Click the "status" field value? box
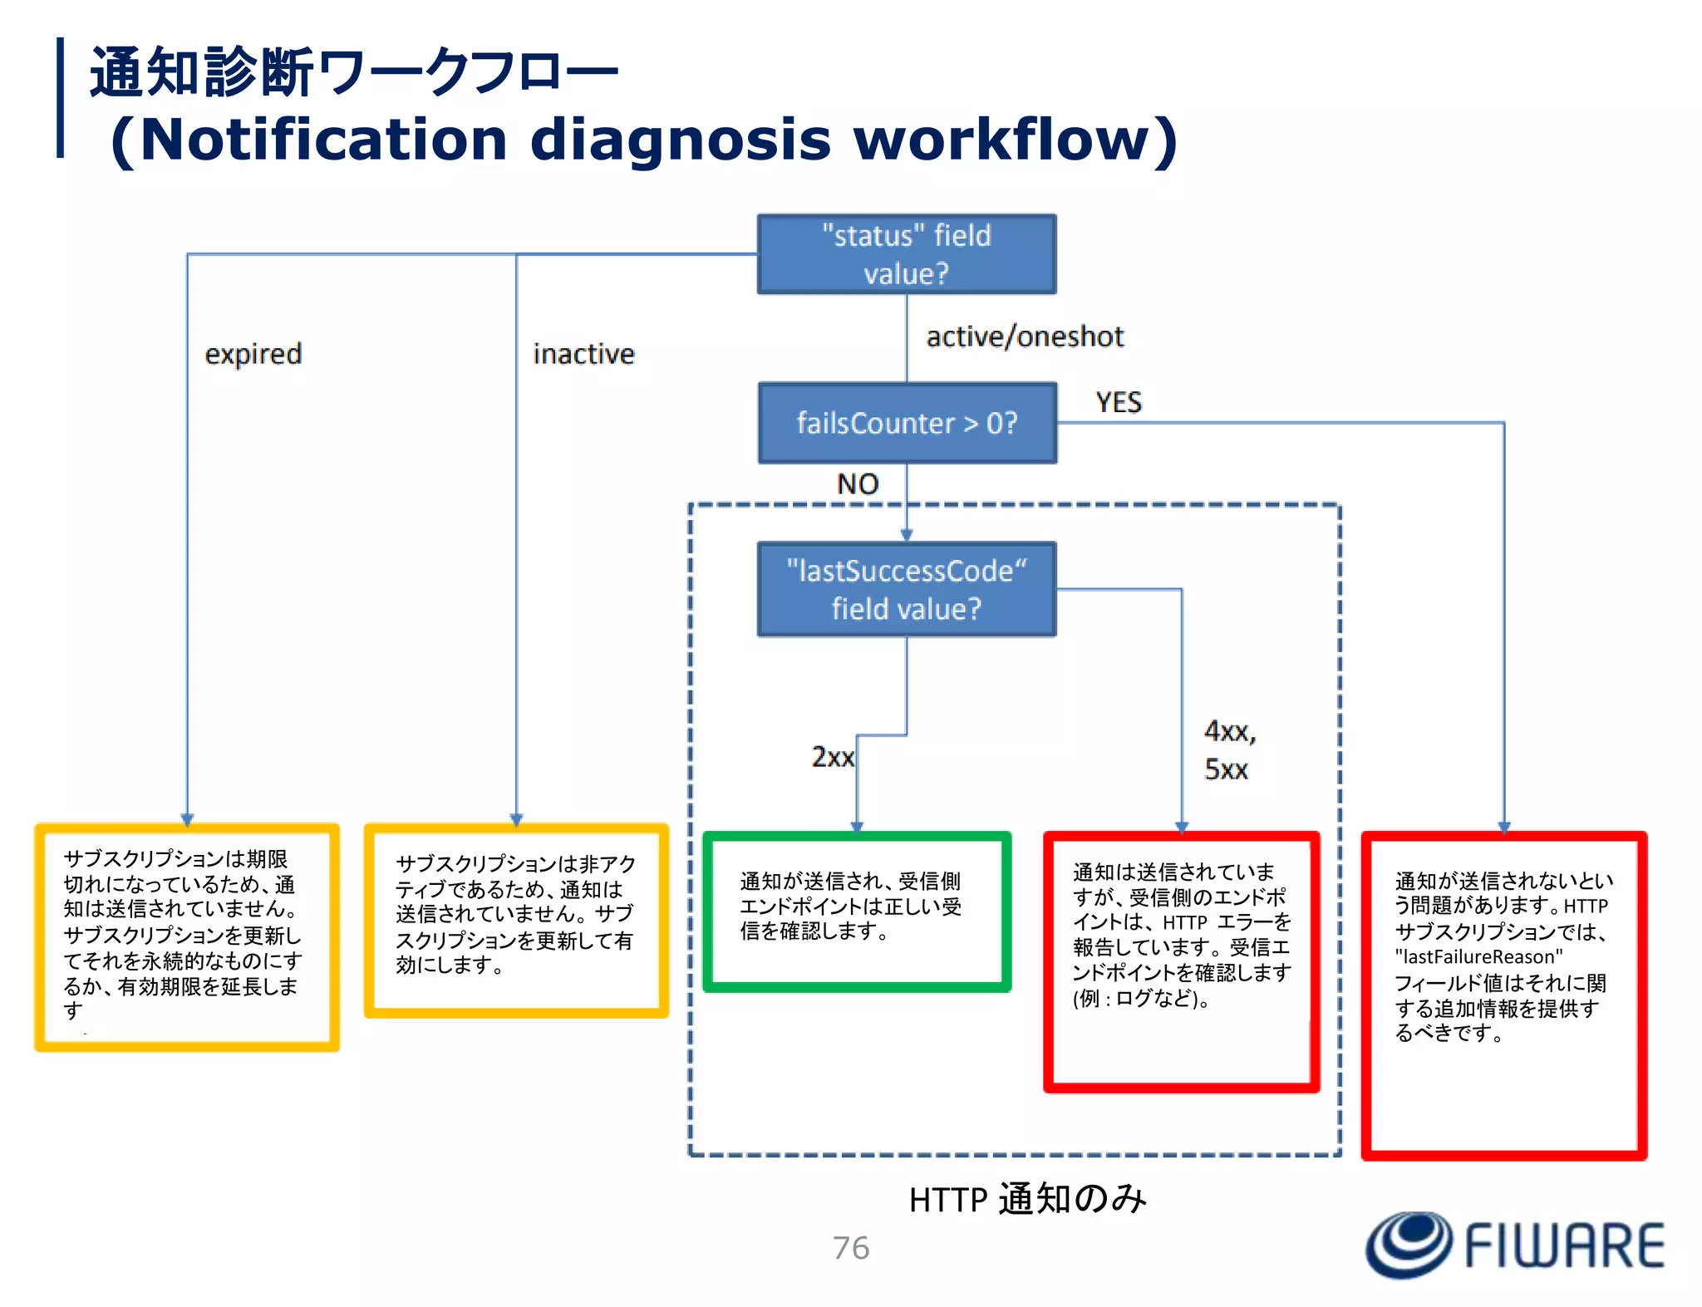(x=906, y=254)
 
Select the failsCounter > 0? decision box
(x=907, y=423)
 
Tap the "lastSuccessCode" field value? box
(x=906, y=589)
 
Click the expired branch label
(x=253, y=354)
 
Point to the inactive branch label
(x=583, y=354)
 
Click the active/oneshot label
(x=1024, y=337)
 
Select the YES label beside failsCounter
(x=1118, y=402)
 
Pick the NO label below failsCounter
(x=857, y=484)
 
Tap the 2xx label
(x=832, y=757)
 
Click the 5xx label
(x=1226, y=769)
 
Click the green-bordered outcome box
(x=856, y=911)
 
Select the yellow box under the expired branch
(x=186, y=936)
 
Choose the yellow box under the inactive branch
(x=516, y=920)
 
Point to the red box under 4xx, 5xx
(x=1181, y=961)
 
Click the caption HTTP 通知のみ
(x=1027, y=1199)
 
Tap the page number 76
(x=850, y=1248)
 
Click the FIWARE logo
(x=1514, y=1245)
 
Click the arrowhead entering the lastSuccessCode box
(x=907, y=534)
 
